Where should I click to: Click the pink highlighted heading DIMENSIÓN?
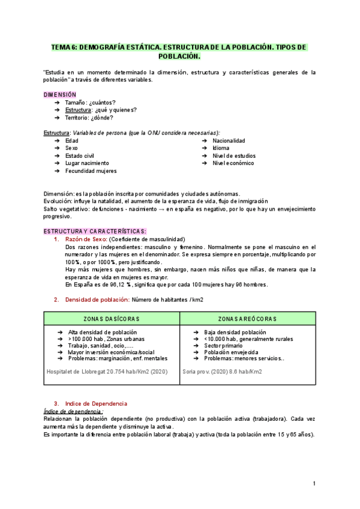point(60,94)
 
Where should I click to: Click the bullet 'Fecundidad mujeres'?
point(91,170)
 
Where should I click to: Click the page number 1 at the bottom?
point(314,483)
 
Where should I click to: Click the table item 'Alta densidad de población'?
point(103,332)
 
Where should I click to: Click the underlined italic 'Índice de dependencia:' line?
point(73,411)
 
